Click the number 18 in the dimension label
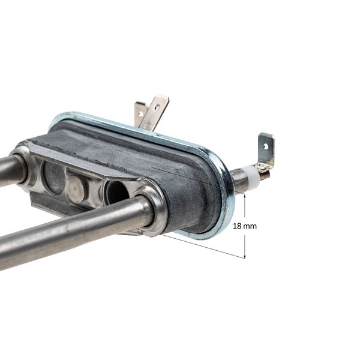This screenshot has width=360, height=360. (237, 226)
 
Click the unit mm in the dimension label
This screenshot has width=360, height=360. (250, 227)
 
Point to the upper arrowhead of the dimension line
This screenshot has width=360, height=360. (245, 196)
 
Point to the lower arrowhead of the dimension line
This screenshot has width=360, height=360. (245, 256)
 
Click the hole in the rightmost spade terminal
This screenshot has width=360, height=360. (266, 146)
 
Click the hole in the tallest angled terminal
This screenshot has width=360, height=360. (157, 107)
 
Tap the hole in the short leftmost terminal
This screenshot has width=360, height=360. (140, 113)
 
